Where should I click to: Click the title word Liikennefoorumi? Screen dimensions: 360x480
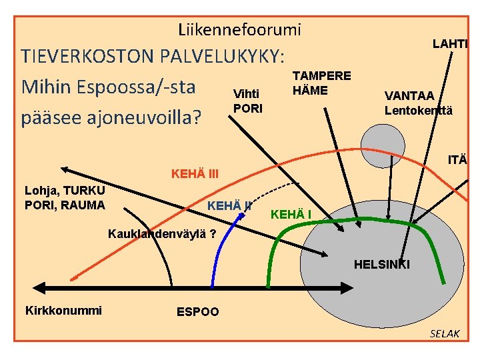pos(239,29)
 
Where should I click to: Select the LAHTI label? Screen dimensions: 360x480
pos(450,44)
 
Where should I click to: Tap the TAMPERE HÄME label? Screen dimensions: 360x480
pos(322,83)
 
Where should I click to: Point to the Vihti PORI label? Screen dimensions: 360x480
pos(248,101)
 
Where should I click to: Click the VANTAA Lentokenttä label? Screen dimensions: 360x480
pos(418,104)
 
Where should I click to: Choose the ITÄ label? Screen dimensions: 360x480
pos(457,160)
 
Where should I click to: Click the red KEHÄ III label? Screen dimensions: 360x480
pos(195,175)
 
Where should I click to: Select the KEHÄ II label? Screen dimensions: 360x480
pos(229,205)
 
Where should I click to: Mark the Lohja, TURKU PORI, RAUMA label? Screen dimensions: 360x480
pos(65,198)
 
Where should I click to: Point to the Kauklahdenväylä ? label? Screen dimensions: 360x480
pos(162,234)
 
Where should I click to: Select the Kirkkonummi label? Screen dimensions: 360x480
pos(63,310)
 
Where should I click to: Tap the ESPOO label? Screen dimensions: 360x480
pos(197,312)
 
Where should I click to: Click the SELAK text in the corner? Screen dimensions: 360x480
pos(444,333)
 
